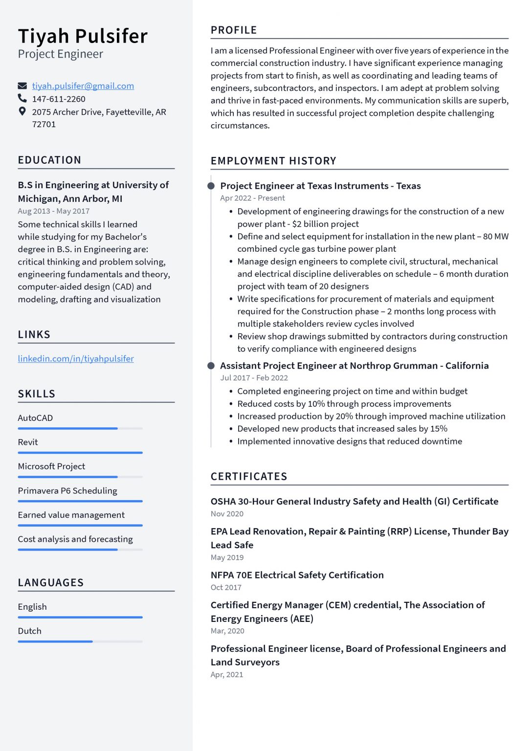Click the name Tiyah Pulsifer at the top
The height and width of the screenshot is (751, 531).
pyautogui.click(x=83, y=36)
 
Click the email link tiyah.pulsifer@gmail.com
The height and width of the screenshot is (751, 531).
pyautogui.click(x=83, y=86)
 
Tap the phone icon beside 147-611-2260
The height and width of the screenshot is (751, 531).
pyautogui.click(x=22, y=98)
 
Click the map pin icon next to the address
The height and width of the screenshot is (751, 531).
pyautogui.click(x=22, y=111)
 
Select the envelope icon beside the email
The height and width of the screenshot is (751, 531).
pyautogui.click(x=22, y=86)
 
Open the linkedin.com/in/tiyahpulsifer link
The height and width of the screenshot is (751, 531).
pyautogui.click(x=76, y=358)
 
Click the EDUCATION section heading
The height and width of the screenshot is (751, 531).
pyautogui.click(x=49, y=160)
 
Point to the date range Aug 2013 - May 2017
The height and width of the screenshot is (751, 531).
pyautogui.click(x=53, y=211)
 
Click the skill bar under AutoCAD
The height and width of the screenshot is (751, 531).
pyautogui.click(x=80, y=428)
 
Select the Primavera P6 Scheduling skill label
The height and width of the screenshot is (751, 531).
pyautogui.click(x=67, y=490)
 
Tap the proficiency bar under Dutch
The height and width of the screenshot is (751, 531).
pyautogui.click(x=80, y=641)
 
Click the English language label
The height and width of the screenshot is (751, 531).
pyautogui.click(x=32, y=607)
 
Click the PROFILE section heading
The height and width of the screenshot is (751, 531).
pyautogui.click(x=234, y=30)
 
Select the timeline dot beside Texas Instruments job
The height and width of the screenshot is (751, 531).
pyautogui.click(x=211, y=186)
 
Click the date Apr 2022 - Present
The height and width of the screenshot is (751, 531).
pyautogui.click(x=252, y=198)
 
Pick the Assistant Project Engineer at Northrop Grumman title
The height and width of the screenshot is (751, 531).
pyautogui.click(x=354, y=366)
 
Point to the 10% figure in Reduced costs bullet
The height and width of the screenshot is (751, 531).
pyautogui.click(x=316, y=404)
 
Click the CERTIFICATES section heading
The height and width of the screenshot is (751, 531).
pyautogui.click(x=249, y=476)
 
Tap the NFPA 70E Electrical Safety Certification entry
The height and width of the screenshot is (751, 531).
pyautogui.click(x=297, y=575)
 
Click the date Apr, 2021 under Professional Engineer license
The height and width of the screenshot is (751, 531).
pyautogui.click(x=227, y=675)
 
